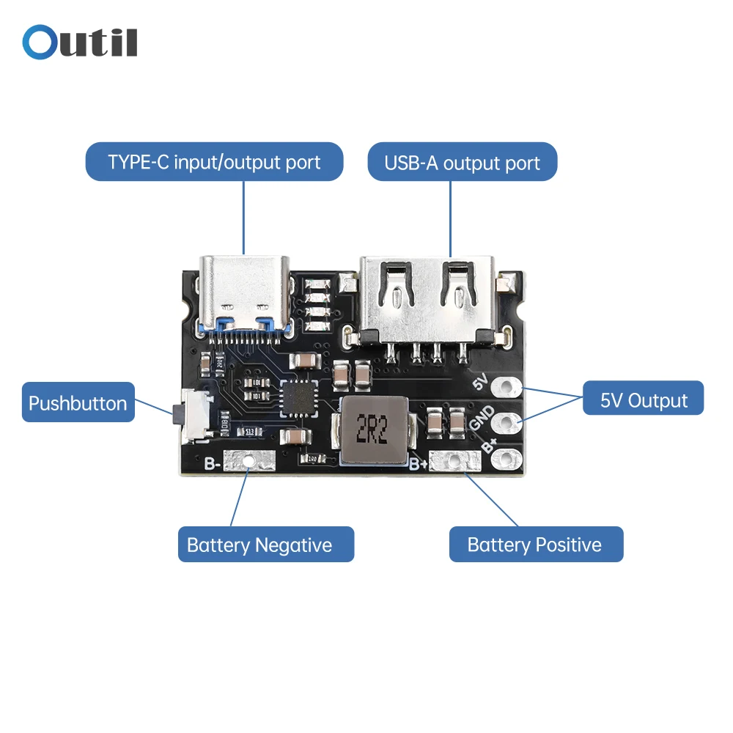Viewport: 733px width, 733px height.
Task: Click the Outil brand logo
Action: click(x=80, y=43)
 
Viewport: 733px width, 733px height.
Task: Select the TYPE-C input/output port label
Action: click(x=214, y=162)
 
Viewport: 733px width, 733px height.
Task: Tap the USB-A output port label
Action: click(x=462, y=163)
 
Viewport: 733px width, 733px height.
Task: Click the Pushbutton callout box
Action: click(x=78, y=402)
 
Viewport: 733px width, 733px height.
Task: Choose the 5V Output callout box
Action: click(x=643, y=400)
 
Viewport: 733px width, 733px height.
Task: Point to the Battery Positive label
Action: click(x=535, y=545)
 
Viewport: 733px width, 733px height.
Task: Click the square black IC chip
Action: click(x=298, y=399)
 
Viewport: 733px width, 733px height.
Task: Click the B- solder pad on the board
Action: click(x=250, y=461)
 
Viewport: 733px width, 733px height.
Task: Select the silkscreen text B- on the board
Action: click(x=212, y=463)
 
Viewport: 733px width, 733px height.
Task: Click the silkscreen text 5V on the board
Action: click(x=481, y=382)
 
